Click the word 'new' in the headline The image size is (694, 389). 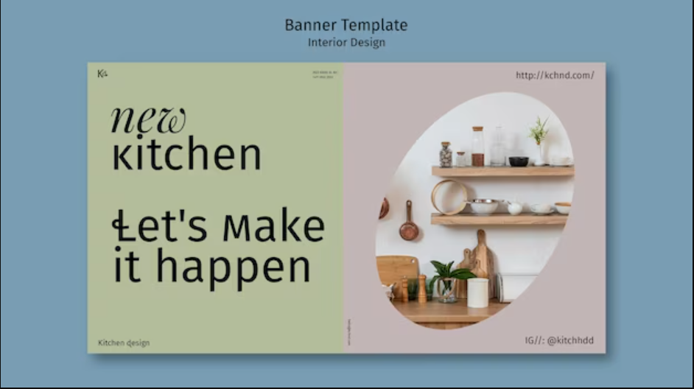click(x=148, y=121)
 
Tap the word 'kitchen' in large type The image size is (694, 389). click(x=186, y=155)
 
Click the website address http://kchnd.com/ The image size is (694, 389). click(x=555, y=75)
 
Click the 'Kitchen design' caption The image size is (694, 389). click(x=124, y=343)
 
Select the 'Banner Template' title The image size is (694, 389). click(x=346, y=25)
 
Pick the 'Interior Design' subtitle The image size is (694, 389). click(x=346, y=42)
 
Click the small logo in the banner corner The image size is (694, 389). click(x=102, y=73)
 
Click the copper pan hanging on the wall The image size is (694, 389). click(x=409, y=229)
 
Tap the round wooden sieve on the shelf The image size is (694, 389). click(x=449, y=197)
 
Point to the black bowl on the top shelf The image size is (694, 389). click(x=519, y=161)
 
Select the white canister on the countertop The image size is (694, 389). click(x=477, y=292)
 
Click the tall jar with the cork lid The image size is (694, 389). click(x=478, y=146)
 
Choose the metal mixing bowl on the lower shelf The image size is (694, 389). click(x=483, y=206)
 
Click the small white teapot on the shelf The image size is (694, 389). click(x=515, y=208)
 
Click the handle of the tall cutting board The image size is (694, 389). click(x=480, y=239)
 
